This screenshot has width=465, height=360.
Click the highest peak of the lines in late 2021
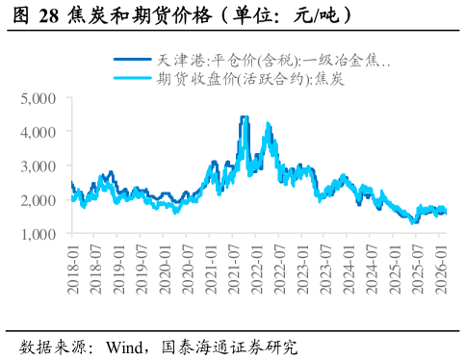click(x=244, y=117)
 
